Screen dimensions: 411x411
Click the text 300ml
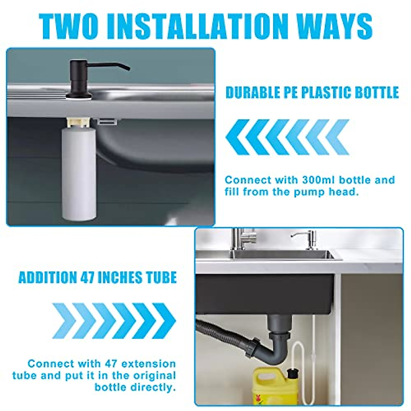[x=315, y=180]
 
